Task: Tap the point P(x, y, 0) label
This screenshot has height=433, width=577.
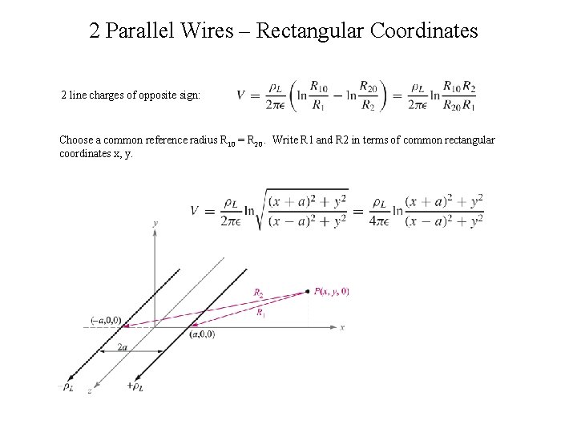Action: (x=331, y=291)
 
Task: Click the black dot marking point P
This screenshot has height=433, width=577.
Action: (x=309, y=291)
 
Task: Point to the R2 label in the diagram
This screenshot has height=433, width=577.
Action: (x=258, y=293)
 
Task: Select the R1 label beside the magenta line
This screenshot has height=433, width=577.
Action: (x=260, y=314)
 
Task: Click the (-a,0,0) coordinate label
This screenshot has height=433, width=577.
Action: (x=106, y=320)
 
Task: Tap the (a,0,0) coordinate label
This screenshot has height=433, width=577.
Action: (x=202, y=334)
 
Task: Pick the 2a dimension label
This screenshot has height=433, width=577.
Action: (x=123, y=346)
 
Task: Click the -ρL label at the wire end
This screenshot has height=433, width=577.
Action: (x=68, y=387)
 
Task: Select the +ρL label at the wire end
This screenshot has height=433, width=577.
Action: (x=135, y=387)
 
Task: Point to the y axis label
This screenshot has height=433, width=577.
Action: (x=155, y=221)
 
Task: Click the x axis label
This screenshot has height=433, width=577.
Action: (x=342, y=327)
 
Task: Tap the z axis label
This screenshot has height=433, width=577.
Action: (x=89, y=391)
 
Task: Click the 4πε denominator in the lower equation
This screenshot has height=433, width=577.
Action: (x=381, y=222)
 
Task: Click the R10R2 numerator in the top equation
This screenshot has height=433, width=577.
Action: (x=458, y=87)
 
